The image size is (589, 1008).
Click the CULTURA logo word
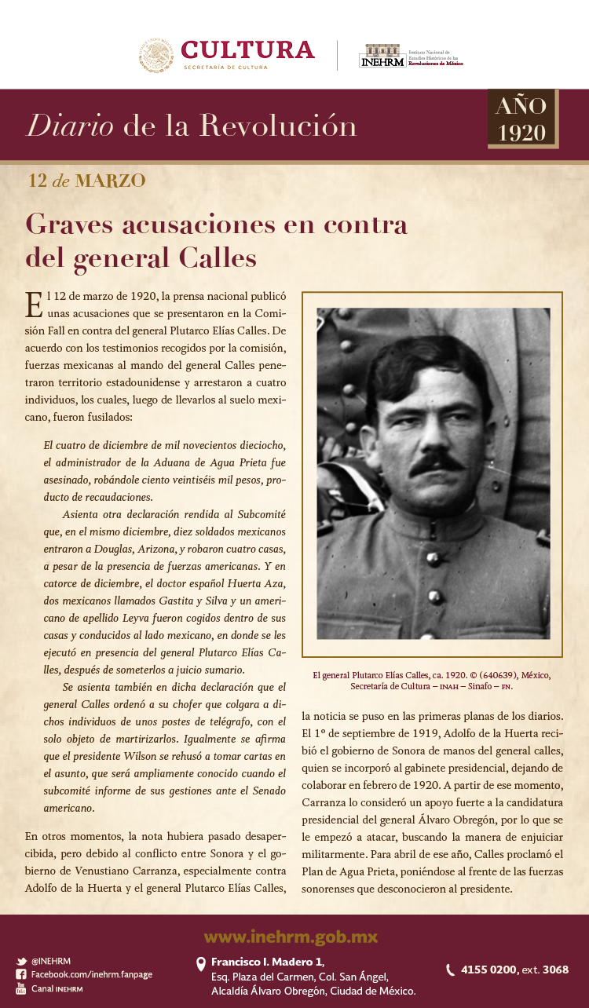247,50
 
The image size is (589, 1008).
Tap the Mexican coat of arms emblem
156,56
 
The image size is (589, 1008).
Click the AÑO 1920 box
522,119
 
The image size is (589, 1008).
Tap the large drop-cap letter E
33,305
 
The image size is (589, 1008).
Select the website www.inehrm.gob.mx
291,937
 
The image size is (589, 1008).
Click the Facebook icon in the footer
21,974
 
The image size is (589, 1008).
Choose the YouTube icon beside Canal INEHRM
21,988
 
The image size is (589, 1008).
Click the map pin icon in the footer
201,963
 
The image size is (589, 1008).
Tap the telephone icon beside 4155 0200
450,970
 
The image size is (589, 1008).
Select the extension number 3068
555,970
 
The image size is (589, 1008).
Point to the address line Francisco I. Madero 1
267,962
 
